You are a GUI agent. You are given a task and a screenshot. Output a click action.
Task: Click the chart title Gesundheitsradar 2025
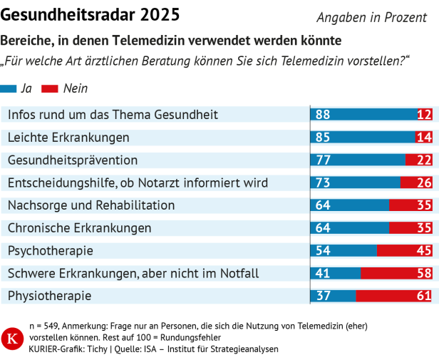91,14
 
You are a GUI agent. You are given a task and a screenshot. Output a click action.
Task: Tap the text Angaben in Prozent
371,18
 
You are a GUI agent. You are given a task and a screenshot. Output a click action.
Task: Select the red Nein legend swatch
51,89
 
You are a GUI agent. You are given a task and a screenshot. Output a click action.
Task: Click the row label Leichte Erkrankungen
68,137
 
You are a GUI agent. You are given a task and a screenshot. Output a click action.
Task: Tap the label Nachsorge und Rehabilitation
91,205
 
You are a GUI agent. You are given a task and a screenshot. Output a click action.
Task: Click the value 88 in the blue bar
323,115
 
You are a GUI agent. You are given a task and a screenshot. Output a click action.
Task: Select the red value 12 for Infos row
424,115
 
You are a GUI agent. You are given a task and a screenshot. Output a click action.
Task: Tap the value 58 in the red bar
424,274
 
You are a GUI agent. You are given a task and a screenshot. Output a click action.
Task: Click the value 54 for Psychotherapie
323,251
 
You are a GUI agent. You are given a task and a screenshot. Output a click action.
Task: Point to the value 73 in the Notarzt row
323,183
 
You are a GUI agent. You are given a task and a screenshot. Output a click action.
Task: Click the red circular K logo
12,338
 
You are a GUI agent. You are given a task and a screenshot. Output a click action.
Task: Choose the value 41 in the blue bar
323,274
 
